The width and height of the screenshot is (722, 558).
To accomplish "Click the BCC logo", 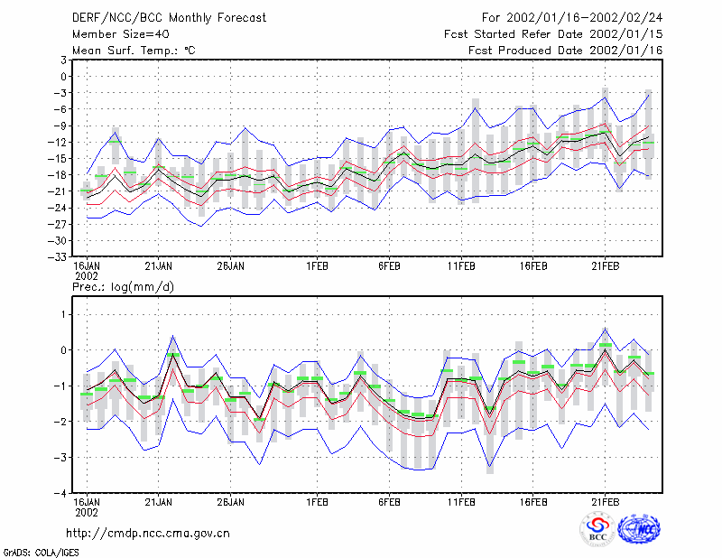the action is [597, 529].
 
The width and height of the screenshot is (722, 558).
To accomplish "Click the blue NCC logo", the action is [639, 529].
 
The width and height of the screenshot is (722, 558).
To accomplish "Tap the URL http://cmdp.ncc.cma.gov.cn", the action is [148, 534].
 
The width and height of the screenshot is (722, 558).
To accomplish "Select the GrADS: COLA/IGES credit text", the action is [41, 553].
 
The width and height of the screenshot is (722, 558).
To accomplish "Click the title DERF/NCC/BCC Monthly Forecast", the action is [169, 18].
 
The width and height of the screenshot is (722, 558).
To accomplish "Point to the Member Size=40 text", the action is [121, 34].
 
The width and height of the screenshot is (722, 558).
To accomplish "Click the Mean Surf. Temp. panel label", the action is [134, 51].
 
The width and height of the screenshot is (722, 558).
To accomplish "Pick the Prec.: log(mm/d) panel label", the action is [123, 287].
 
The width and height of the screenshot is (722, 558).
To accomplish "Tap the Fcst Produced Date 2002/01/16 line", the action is [566, 51].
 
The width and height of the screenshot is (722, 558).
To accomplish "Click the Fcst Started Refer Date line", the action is [553, 34].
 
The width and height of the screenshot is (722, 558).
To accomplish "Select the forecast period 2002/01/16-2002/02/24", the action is [585, 18].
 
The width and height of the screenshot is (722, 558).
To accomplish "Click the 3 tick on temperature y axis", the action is [63, 60].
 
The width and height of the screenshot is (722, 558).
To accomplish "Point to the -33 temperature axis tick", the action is [57, 257].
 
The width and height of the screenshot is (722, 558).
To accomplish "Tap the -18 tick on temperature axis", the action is [57, 175].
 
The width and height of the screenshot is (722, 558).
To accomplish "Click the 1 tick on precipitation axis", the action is [63, 315].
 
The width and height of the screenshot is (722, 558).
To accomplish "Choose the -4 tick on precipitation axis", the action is [60, 494].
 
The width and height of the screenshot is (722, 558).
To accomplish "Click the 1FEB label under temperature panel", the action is [317, 266].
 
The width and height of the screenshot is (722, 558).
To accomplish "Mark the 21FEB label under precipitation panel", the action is [605, 502].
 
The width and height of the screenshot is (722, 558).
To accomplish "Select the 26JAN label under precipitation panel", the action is [231, 502].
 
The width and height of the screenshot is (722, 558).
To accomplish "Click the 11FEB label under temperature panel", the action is [461, 266].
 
